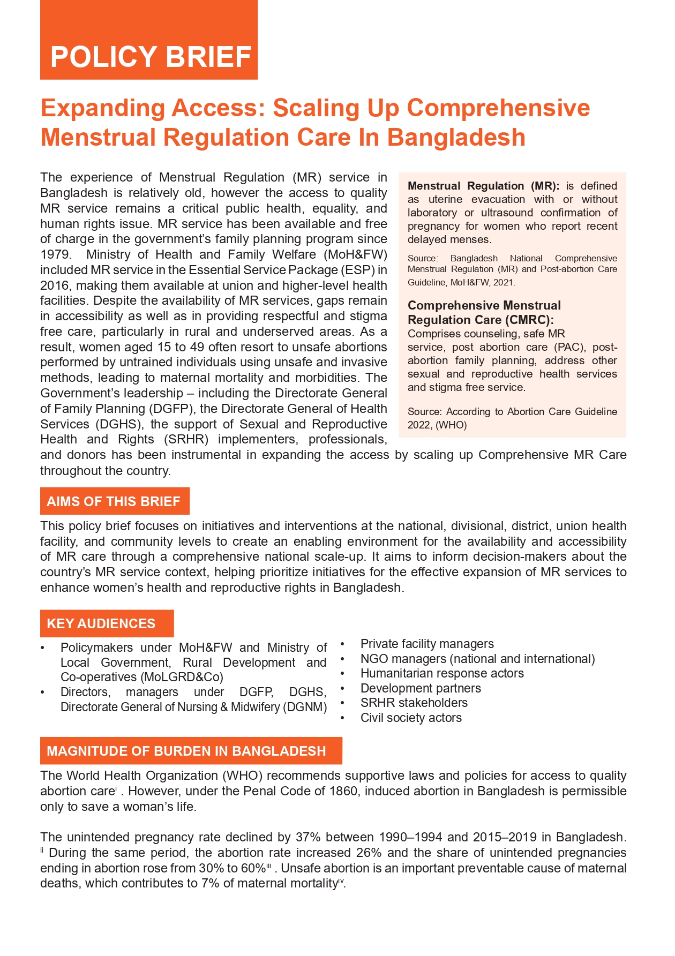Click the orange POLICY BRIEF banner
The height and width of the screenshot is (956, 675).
pyautogui.click(x=149, y=56)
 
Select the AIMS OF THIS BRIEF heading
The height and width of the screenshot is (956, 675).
pyautogui.click(x=114, y=501)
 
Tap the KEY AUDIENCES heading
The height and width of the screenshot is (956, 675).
pyautogui.click(x=101, y=623)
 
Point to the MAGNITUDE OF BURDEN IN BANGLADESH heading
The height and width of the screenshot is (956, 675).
pyautogui.click(x=186, y=751)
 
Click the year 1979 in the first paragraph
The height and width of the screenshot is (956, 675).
pyautogui.click(x=55, y=254)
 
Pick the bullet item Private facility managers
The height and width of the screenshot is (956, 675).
pyautogui.click(x=427, y=644)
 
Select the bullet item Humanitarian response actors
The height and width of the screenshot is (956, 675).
pyautogui.click(x=442, y=673)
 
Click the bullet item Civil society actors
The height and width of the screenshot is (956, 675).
pyautogui.click(x=411, y=718)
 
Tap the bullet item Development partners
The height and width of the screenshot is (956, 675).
pyautogui.click(x=421, y=688)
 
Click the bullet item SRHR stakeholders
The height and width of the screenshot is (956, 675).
pyautogui.click(x=414, y=703)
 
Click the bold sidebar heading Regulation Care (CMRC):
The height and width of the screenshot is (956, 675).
pyautogui.click(x=481, y=320)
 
